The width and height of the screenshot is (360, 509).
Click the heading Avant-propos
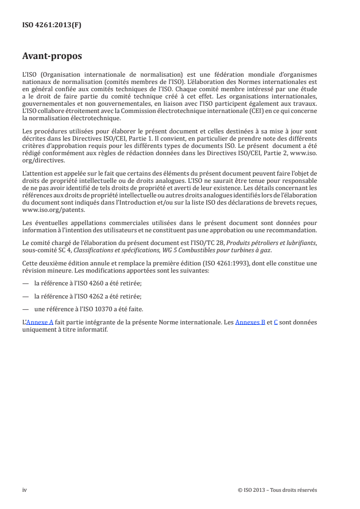52,56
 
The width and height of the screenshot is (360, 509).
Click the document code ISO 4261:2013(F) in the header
52,25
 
